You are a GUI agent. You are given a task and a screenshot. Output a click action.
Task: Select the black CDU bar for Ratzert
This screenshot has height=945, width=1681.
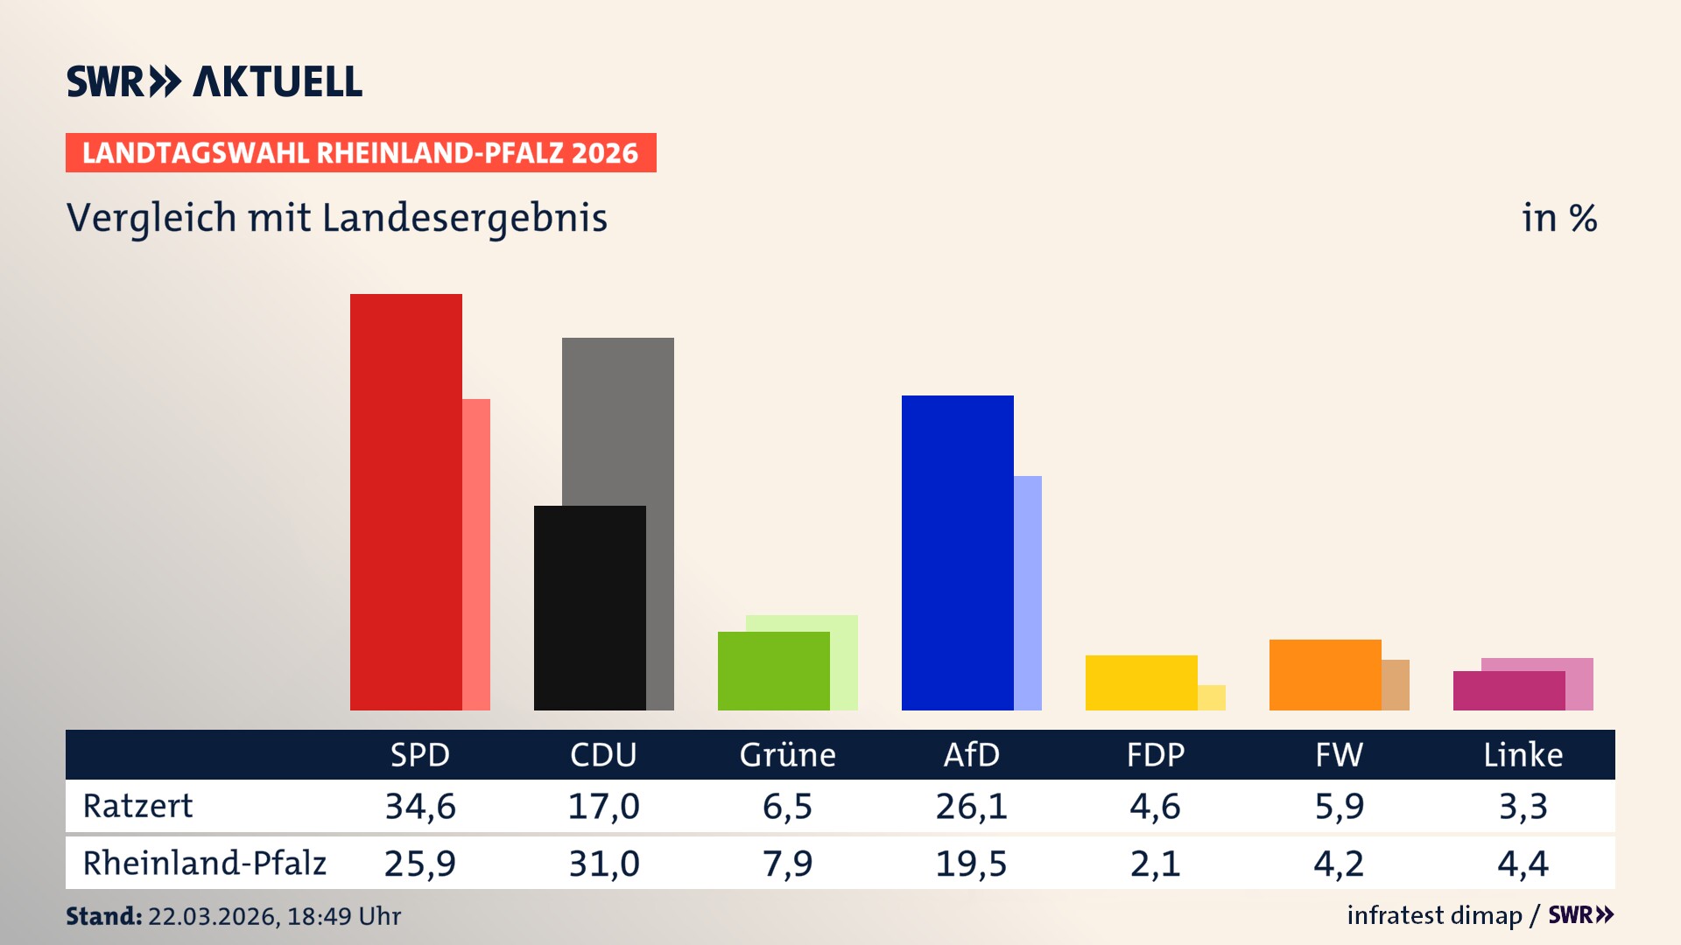[589, 608]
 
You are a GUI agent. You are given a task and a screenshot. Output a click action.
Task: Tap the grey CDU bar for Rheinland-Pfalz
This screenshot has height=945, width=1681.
[618, 420]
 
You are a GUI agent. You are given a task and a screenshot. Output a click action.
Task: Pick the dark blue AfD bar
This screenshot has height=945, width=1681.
[957, 552]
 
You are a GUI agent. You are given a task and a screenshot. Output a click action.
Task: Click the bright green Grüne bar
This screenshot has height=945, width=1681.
[773, 671]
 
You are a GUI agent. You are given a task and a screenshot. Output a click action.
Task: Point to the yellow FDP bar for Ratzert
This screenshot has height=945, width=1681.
[1141, 682]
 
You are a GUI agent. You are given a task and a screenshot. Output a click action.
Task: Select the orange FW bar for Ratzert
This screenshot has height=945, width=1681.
[1325, 675]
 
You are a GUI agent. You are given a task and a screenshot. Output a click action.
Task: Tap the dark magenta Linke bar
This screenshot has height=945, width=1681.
[1509, 690]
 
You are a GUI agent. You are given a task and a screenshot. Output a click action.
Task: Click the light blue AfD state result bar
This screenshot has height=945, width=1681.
[1029, 592]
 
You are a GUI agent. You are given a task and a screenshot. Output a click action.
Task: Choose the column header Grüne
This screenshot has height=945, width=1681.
[787, 755]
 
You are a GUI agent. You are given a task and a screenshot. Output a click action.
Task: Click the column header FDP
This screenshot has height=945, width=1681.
[1155, 755]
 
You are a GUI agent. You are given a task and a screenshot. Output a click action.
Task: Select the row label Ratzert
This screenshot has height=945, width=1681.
[137, 806]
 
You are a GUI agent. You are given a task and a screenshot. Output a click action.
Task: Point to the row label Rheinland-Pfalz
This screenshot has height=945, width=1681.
[204, 864]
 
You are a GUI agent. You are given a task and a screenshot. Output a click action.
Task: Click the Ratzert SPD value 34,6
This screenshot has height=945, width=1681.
[420, 806]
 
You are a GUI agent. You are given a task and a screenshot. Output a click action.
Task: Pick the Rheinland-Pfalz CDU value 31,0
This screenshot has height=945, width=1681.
[604, 864]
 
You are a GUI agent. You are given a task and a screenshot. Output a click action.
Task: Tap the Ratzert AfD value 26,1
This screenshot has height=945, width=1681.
[971, 806]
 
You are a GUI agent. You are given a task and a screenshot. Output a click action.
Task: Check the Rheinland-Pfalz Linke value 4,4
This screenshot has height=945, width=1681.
[1523, 864]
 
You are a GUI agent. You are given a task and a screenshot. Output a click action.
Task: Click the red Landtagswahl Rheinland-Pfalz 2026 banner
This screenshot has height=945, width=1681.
[361, 153]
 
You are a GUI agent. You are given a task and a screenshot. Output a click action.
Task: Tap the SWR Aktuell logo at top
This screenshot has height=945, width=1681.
[215, 81]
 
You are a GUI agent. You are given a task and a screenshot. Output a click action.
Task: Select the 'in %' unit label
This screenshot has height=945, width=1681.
[1558, 218]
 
